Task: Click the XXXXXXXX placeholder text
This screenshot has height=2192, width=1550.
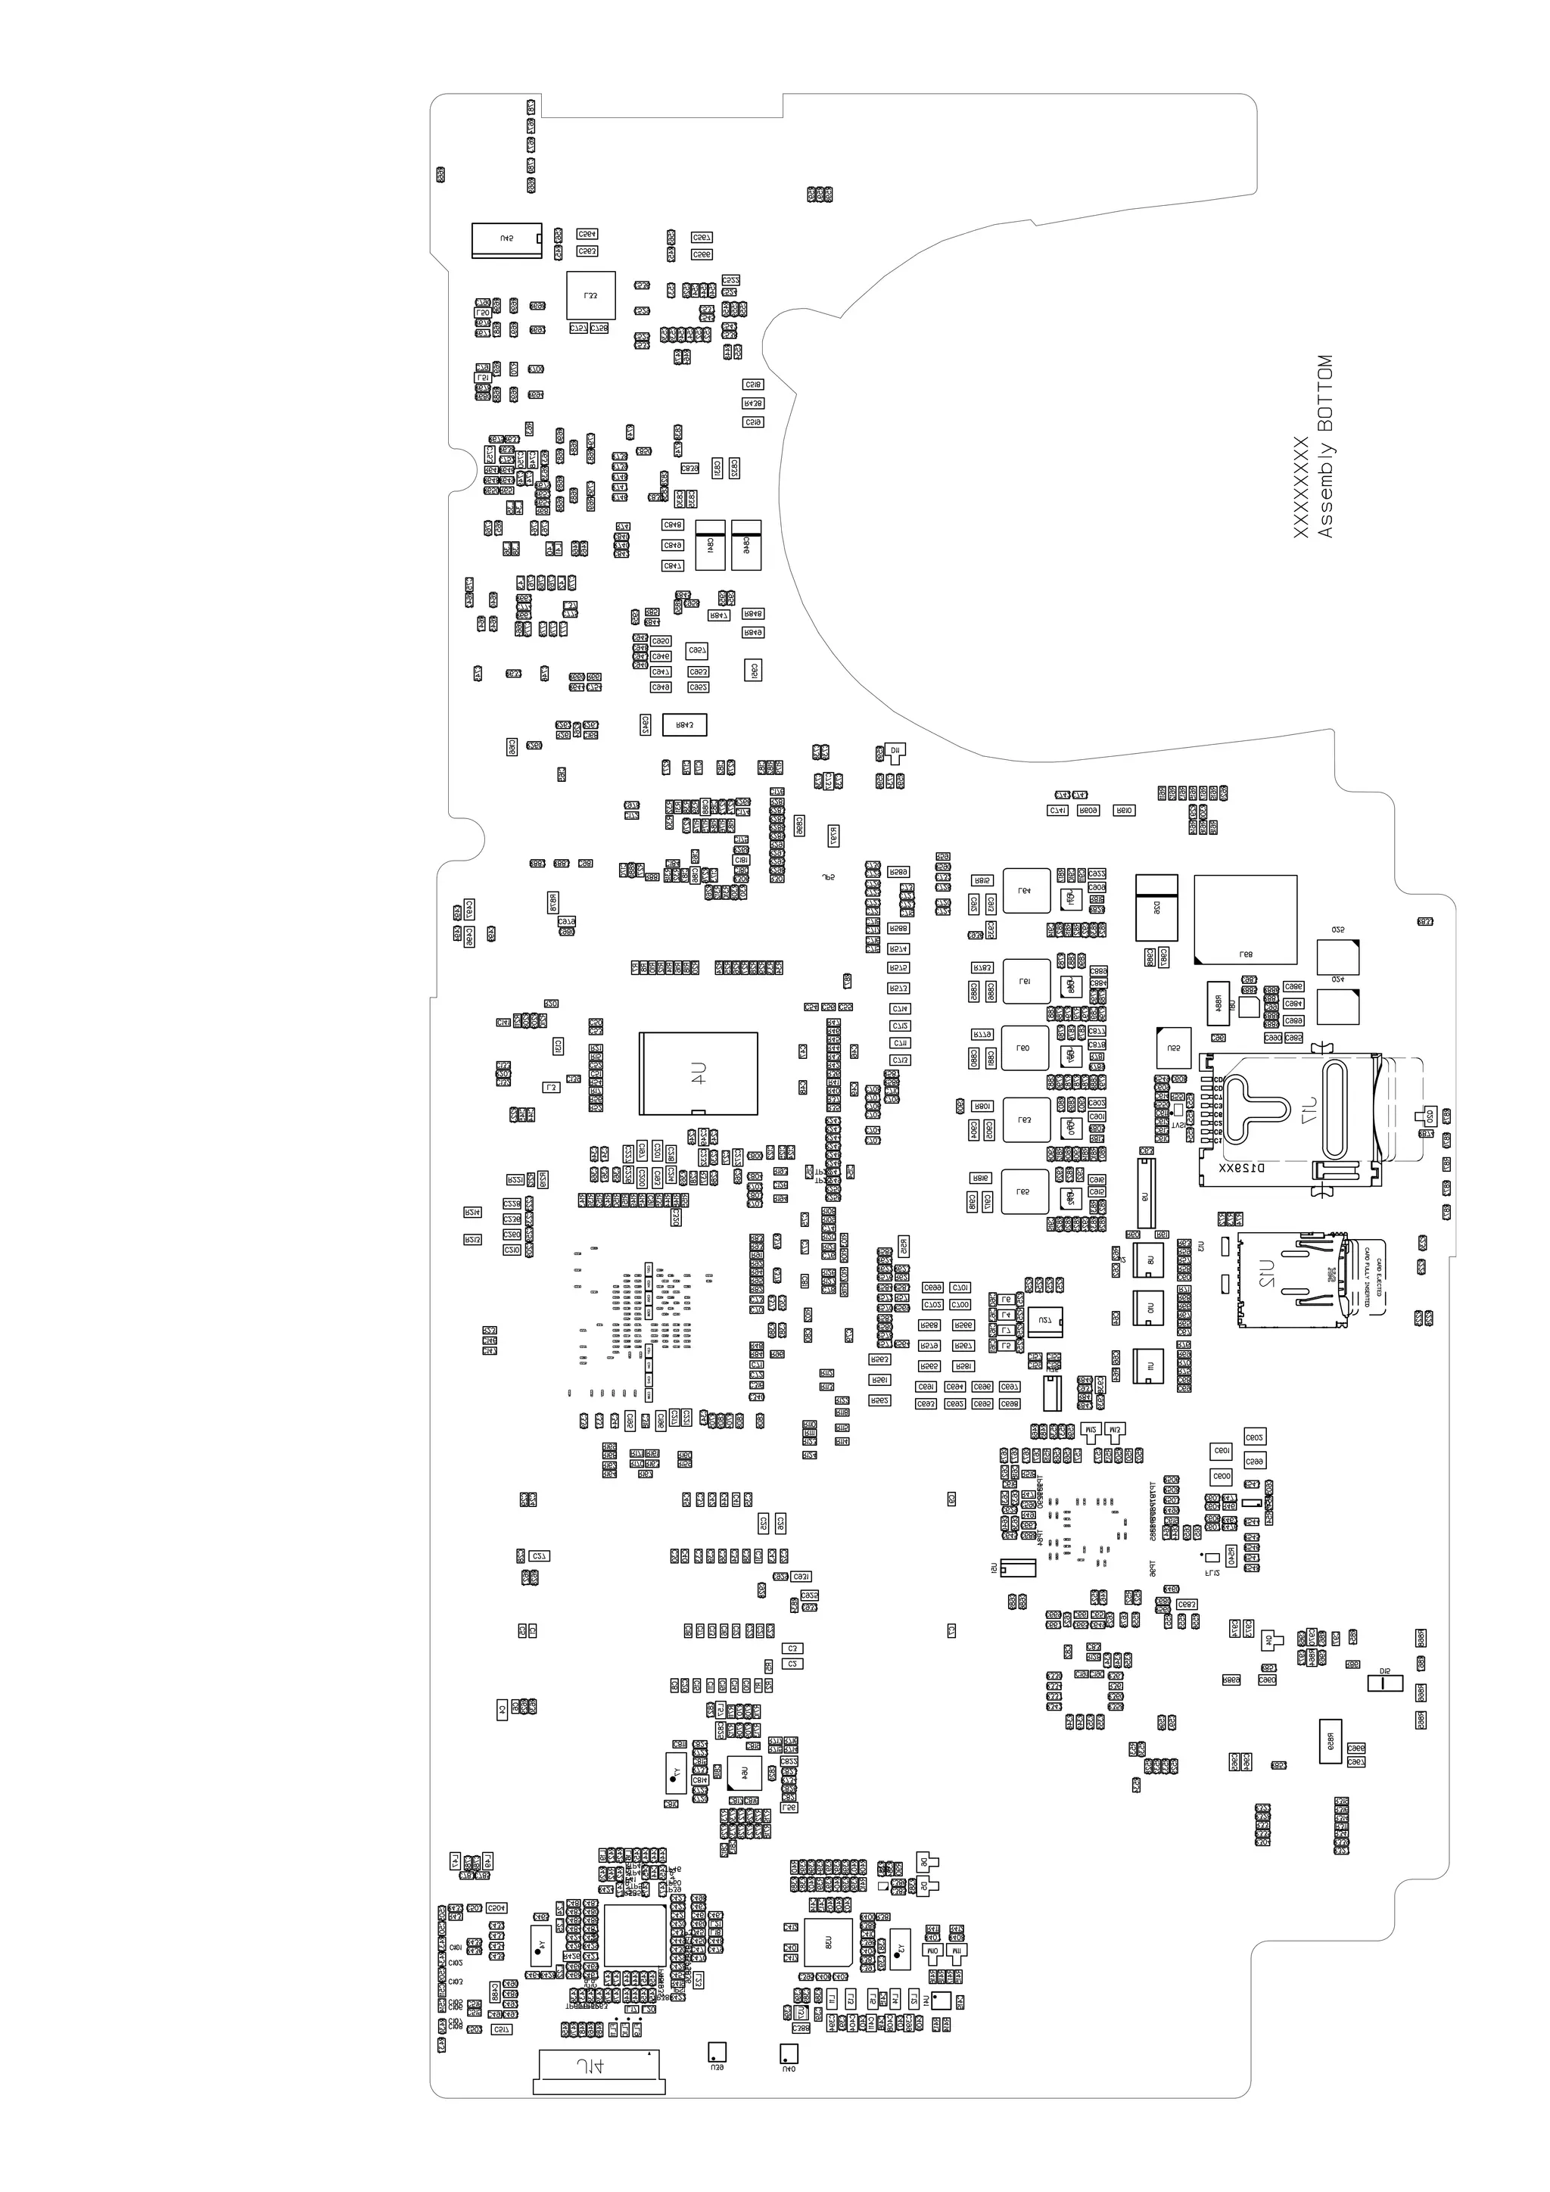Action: point(1300,487)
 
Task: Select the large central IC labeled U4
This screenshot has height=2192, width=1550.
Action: point(699,1073)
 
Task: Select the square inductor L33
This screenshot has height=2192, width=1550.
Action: point(591,296)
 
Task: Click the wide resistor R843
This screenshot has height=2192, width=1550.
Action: point(684,724)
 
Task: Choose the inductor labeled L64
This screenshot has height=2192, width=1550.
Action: point(1026,891)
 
